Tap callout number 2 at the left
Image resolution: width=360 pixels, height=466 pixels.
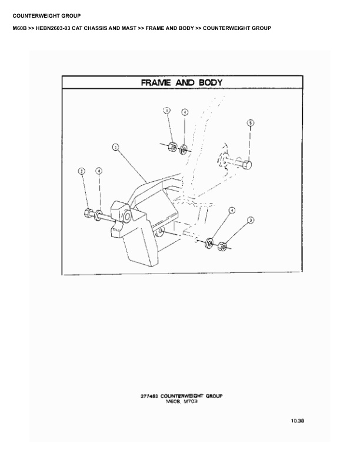pos(82,171)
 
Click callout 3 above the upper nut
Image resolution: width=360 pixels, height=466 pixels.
pos(167,111)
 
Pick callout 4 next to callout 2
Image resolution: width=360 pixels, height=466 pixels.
pos(99,171)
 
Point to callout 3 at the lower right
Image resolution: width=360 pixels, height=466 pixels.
pos(251,220)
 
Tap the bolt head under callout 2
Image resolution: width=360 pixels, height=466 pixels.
pos(88,213)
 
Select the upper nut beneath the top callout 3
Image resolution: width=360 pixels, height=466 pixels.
pos(172,145)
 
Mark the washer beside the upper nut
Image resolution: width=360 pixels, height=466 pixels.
pos(184,148)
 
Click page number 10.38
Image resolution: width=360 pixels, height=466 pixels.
pos(296,421)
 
